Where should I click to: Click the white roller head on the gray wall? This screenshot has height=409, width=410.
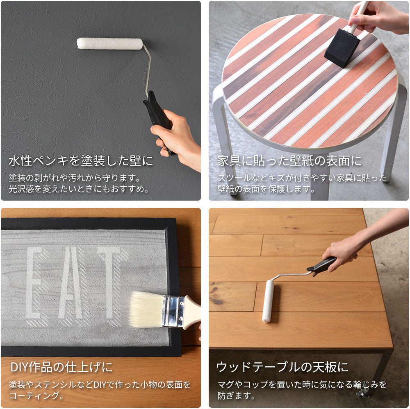[110, 44]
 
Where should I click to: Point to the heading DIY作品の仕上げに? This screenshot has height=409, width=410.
[61, 367]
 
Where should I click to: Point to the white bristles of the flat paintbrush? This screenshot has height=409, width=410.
[146, 310]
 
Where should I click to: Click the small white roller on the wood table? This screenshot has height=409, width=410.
[268, 301]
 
